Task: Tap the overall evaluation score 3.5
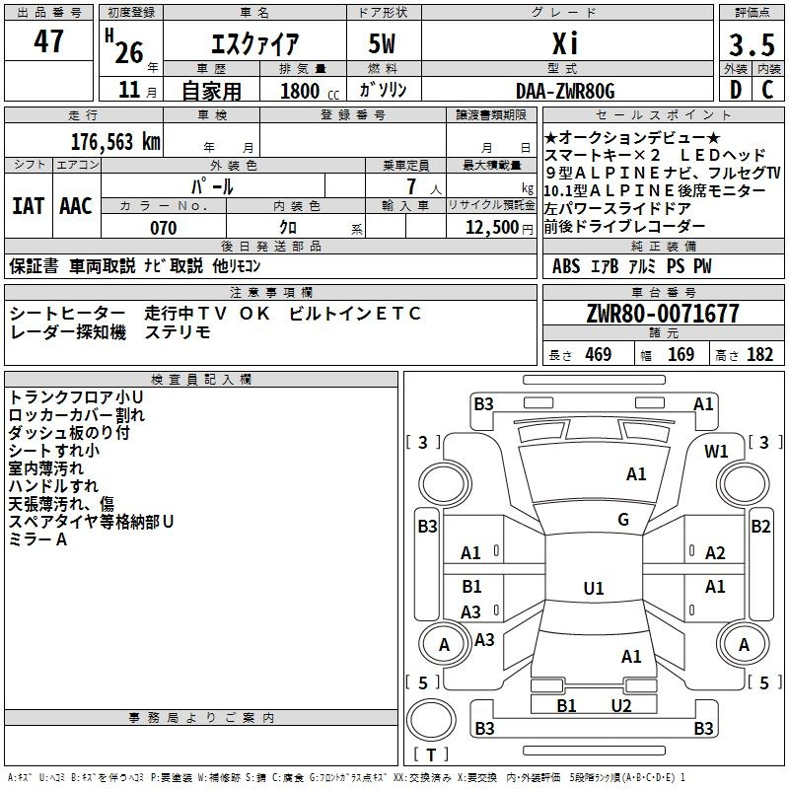751,45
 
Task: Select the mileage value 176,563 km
115,141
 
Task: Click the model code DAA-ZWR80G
565,92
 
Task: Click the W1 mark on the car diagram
716,452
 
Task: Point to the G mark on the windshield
623,520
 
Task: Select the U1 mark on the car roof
594,589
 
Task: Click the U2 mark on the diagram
620,705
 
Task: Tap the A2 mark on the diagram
715,553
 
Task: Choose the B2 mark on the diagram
760,527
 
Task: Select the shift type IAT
28,206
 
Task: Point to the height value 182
759,355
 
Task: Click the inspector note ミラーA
37,539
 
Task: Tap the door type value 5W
384,44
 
